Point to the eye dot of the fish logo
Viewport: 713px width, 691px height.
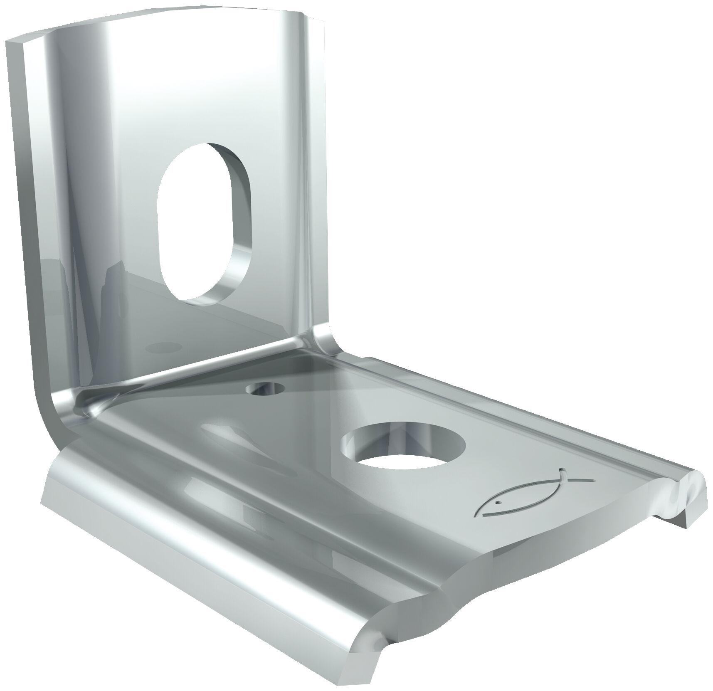(x=497, y=503)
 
